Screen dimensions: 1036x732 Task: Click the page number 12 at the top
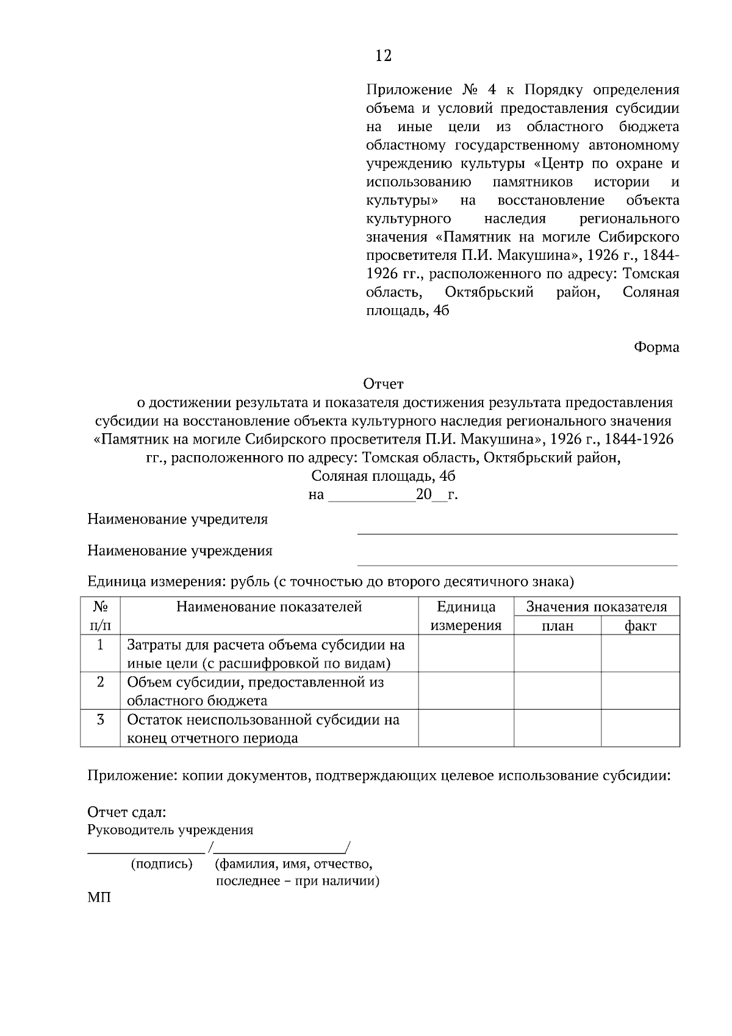tap(383, 56)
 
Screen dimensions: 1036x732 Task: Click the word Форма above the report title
tap(656, 347)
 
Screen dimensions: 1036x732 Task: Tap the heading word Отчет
tap(383, 384)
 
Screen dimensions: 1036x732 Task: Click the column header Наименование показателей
tap(269, 606)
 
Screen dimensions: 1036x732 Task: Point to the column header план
tap(557, 626)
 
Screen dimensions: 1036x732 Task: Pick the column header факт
tap(640, 626)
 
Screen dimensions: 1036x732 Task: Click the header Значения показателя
tap(596, 607)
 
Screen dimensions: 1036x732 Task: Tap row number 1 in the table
tap(100, 644)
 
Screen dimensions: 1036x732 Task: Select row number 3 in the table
tap(100, 719)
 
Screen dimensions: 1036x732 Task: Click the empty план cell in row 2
tap(557, 691)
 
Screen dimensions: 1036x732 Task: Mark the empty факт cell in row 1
tap(640, 653)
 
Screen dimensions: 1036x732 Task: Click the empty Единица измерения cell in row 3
tap(466, 728)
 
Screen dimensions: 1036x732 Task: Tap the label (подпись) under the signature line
tap(162, 864)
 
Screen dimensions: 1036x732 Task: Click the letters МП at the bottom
tap(99, 898)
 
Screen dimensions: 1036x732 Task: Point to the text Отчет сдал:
tap(126, 812)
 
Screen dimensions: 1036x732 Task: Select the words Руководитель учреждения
tap(170, 830)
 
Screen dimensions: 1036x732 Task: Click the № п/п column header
tap(100, 616)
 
